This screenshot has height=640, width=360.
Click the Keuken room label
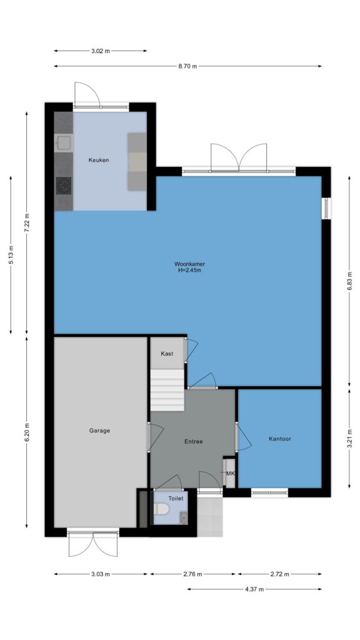99,160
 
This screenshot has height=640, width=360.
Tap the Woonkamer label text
189,264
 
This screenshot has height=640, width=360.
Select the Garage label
99,430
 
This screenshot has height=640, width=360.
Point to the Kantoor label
280,439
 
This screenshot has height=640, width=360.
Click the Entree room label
194,441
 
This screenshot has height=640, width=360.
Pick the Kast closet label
166,354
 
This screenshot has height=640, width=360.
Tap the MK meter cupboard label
230,474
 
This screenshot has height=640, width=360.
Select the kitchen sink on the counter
64,142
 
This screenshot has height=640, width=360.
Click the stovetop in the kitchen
64,186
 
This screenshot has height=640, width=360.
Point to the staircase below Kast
167,390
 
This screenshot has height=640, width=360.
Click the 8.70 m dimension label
187,66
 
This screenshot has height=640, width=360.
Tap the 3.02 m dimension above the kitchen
100,51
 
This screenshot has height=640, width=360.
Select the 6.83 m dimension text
349,281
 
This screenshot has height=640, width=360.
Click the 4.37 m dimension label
254,589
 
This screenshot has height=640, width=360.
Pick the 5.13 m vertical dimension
11,255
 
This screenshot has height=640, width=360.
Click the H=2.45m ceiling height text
190,270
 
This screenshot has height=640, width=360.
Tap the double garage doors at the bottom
93,543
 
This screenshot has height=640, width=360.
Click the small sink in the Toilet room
184,518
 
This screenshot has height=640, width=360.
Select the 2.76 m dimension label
192,574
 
